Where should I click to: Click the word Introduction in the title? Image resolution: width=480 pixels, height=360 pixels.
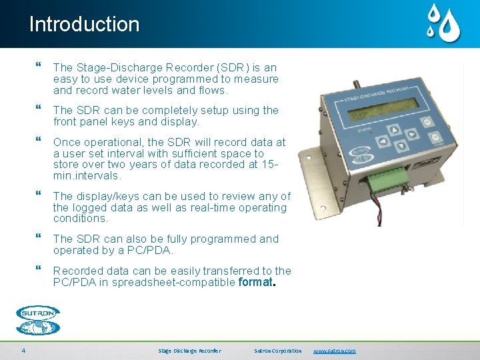coord(84,25)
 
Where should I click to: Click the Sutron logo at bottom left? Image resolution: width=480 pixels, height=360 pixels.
coord(38,320)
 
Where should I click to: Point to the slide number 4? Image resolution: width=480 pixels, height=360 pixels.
coord(23,351)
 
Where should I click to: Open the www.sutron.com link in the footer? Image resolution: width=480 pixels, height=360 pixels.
coord(335,351)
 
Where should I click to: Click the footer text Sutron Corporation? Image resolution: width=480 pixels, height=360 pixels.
coord(278,351)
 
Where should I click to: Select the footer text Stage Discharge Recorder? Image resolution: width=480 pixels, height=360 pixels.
coord(189,351)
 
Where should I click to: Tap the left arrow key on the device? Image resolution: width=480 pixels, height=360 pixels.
coord(383,141)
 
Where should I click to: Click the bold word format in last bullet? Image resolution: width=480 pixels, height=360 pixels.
coord(255,282)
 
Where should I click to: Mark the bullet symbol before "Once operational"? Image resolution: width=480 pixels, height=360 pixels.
coord(39,142)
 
